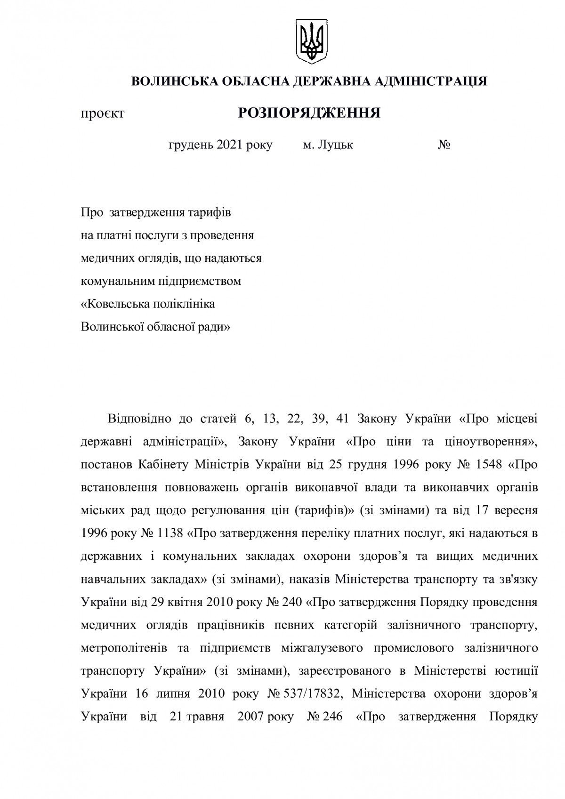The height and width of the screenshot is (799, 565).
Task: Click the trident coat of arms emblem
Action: (310, 41)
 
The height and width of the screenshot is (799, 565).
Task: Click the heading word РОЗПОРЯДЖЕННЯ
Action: (309, 113)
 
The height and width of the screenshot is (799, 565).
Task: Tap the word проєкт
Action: (103, 113)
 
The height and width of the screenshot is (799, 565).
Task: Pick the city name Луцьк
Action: (335, 145)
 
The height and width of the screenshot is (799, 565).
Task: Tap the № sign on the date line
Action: (444, 145)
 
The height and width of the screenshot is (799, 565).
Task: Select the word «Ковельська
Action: (115, 304)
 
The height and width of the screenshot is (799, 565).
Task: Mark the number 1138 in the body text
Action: (169, 533)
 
